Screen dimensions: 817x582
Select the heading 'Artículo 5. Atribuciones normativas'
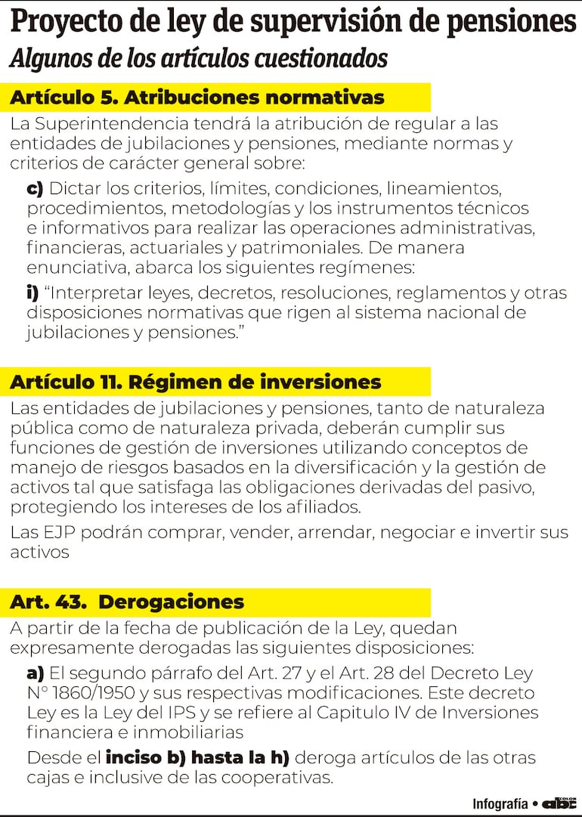pos(197,97)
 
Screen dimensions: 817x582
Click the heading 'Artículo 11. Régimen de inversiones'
pos(196,382)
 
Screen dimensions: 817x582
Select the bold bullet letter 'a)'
pos(36,673)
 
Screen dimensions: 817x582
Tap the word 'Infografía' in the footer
pos(500,803)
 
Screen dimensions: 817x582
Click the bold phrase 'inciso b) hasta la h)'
pos(198,757)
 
